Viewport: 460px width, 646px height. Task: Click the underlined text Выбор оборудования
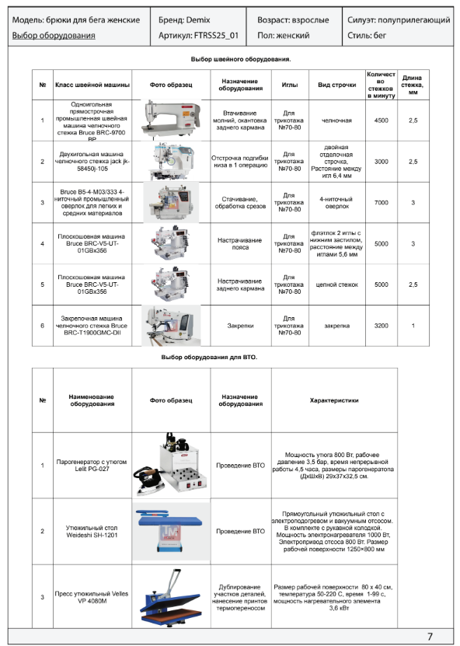54,36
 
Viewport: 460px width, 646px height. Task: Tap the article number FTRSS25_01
216,36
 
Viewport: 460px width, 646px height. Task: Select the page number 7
430,637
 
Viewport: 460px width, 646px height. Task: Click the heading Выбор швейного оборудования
241,59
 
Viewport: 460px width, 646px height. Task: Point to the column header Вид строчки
337,85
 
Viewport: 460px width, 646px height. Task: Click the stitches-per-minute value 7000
382,203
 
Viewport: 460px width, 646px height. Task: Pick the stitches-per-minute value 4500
382,120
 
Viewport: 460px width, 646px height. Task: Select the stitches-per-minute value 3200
382,326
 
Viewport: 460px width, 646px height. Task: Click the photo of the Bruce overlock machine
171,202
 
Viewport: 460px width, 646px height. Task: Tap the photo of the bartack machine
171,326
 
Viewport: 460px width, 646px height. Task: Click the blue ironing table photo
170,531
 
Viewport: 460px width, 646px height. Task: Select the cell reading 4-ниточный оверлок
337,202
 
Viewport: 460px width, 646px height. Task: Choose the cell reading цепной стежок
337,285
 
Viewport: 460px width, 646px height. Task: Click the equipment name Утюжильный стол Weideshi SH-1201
92,532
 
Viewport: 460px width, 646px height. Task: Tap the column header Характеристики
334,400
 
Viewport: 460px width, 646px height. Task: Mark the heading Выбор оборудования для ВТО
209,357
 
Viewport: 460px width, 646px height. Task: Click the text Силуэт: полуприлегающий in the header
399,19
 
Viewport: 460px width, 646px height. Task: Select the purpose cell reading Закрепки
241,326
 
